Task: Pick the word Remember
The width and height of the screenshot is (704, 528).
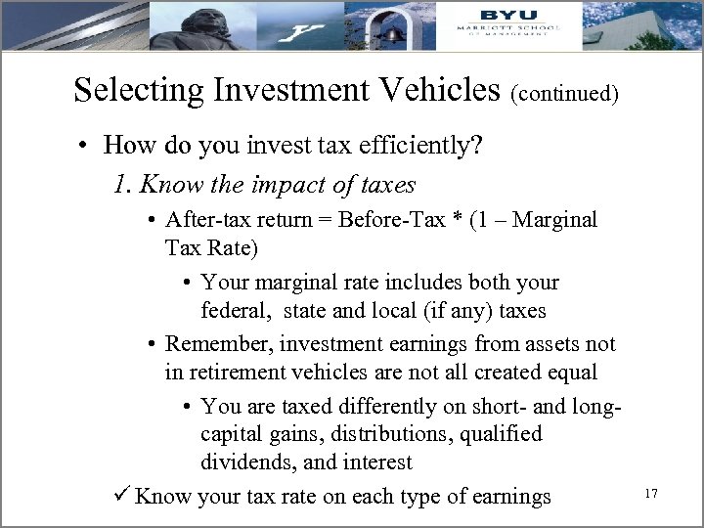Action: pos(217,343)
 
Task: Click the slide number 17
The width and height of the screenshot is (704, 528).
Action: pos(650,496)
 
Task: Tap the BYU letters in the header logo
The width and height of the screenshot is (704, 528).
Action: pos(507,14)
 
